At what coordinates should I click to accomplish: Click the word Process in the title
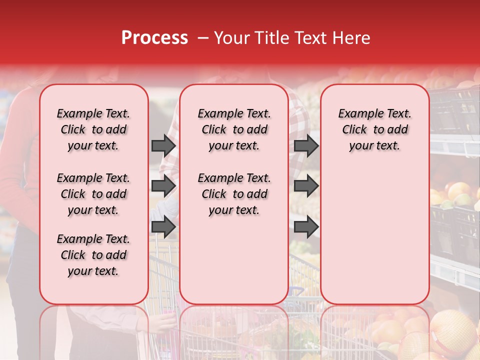pyautogui.click(x=154, y=38)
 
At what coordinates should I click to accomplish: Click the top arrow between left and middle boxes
pyautogui.click(x=163, y=145)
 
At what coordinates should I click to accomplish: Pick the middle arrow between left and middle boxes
pyautogui.click(x=163, y=186)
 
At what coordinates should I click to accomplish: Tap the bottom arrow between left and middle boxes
pyautogui.click(x=163, y=227)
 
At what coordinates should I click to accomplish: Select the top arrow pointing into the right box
pyautogui.click(x=306, y=145)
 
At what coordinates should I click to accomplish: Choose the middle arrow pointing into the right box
pyautogui.click(x=306, y=186)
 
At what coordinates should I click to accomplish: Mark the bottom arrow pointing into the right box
pyautogui.click(x=306, y=227)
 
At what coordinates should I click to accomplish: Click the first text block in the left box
pyautogui.click(x=93, y=129)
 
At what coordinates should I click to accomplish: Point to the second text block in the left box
pyautogui.click(x=93, y=194)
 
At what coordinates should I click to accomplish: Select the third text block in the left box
pyautogui.click(x=93, y=255)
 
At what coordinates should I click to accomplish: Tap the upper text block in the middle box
pyautogui.click(x=234, y=129)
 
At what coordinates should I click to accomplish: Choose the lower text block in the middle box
pyautogui.click(x=234, y=194)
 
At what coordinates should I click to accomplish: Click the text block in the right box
pyautogui.click(x=375, y=129)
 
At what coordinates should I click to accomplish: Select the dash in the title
pyautogui.click(x=202, y=38)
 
